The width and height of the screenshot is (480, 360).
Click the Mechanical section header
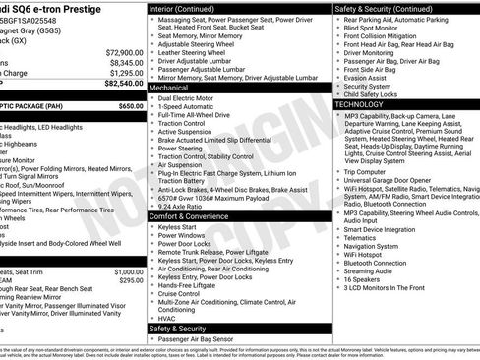tap(176, 88)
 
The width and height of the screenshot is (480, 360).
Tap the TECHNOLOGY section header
tap(360, 103)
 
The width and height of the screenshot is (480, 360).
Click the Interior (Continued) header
tap(191, 8)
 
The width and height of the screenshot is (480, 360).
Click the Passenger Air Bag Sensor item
tap(203, 338)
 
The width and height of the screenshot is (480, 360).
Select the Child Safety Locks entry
tap(377, 93)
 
